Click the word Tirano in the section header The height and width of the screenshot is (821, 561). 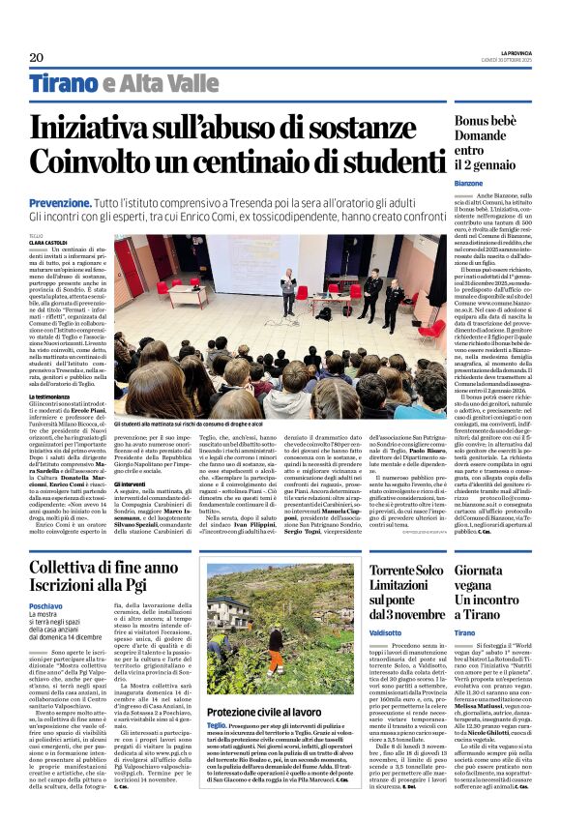[67, 83]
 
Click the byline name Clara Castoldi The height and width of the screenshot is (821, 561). [49, 242]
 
